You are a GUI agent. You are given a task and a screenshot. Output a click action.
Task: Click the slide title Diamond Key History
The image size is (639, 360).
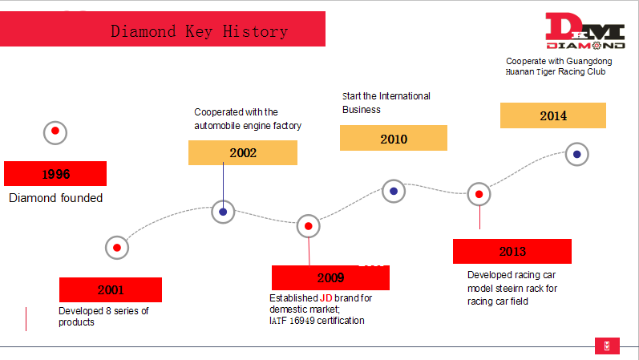coord(200,31)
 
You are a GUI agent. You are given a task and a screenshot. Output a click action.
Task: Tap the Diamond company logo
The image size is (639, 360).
coord(585,31)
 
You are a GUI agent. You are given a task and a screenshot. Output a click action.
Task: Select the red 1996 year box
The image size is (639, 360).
coord(55,174)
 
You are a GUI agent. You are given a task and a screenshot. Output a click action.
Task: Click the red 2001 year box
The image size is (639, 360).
coord(111,290)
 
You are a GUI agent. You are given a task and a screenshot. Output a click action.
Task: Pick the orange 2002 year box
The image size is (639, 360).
coord(243,153)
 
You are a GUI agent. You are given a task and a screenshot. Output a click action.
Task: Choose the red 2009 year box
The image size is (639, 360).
coord(330,277)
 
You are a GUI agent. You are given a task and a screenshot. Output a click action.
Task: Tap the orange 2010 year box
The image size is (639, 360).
coord(394,138)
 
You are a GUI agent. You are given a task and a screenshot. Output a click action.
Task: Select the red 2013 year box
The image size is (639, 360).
coord(512,251)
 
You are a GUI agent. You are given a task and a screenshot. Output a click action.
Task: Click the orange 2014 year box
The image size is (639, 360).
coord(553,115)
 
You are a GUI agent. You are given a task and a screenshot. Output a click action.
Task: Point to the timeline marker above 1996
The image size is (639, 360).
coord(55,132)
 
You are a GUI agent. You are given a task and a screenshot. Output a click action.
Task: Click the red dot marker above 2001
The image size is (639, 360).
coord(117,248)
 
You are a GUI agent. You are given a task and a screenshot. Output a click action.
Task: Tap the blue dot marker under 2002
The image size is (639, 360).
coord(223,212)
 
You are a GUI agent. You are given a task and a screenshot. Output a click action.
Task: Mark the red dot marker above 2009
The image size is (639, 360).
coord(309,226)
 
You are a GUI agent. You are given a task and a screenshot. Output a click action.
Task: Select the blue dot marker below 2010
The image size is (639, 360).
coord(394,191)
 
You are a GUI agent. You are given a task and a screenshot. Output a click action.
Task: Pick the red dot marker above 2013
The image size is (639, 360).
coord(479,194)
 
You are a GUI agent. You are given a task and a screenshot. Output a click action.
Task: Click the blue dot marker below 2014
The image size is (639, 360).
coord(577,154)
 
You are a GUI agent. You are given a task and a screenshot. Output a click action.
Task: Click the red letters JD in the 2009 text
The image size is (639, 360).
coord(326,298)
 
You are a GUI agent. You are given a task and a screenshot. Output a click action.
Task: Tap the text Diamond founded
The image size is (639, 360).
coord(56,198)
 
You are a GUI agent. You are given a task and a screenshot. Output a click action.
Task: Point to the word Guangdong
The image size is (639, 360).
coord(589,62)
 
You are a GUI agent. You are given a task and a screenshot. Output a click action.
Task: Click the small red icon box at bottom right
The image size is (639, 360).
coord(607,346)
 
